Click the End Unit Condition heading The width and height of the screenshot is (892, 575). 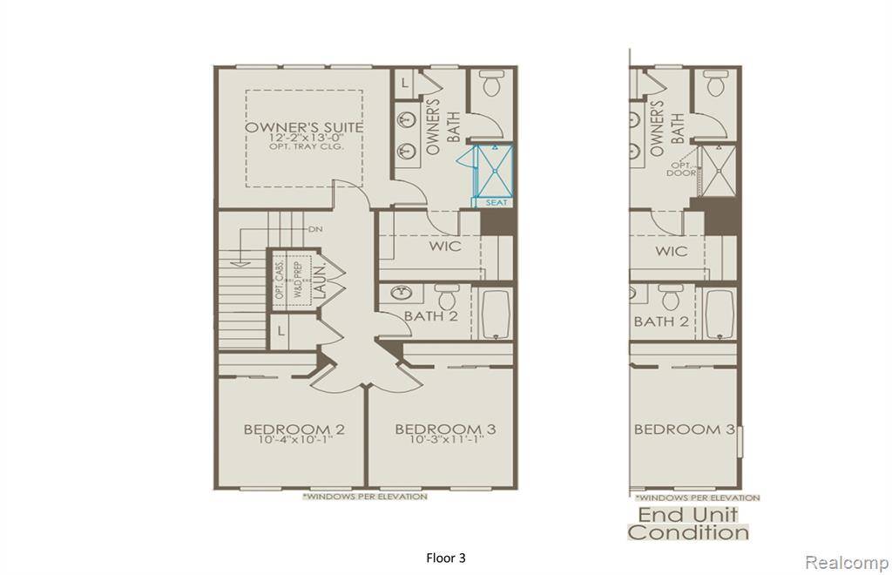click(688, 523)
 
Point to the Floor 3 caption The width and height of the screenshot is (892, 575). click(446, 558)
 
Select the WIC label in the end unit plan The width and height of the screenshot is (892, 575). click(672, 251)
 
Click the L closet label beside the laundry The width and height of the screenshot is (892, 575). click(281, 331)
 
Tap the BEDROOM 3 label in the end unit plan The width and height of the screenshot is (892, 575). click(684, 429)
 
